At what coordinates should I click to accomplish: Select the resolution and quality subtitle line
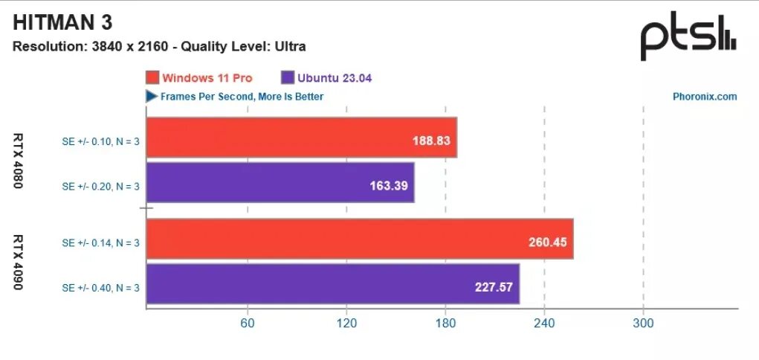point(159,46)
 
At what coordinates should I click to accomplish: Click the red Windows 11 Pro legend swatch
point(152,78)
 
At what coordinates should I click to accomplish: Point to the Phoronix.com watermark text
point(704,97)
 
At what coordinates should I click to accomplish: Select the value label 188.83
point(431,140)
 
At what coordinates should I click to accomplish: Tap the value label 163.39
point(389,184)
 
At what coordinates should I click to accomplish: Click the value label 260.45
point(548,242)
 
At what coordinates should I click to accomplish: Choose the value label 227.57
point(494,286)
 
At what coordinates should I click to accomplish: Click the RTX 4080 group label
point(19,161)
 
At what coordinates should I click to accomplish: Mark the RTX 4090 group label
point(19,263)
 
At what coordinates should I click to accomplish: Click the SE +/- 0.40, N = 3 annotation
point(100,287)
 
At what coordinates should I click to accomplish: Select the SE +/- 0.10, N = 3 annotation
point(100,138)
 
